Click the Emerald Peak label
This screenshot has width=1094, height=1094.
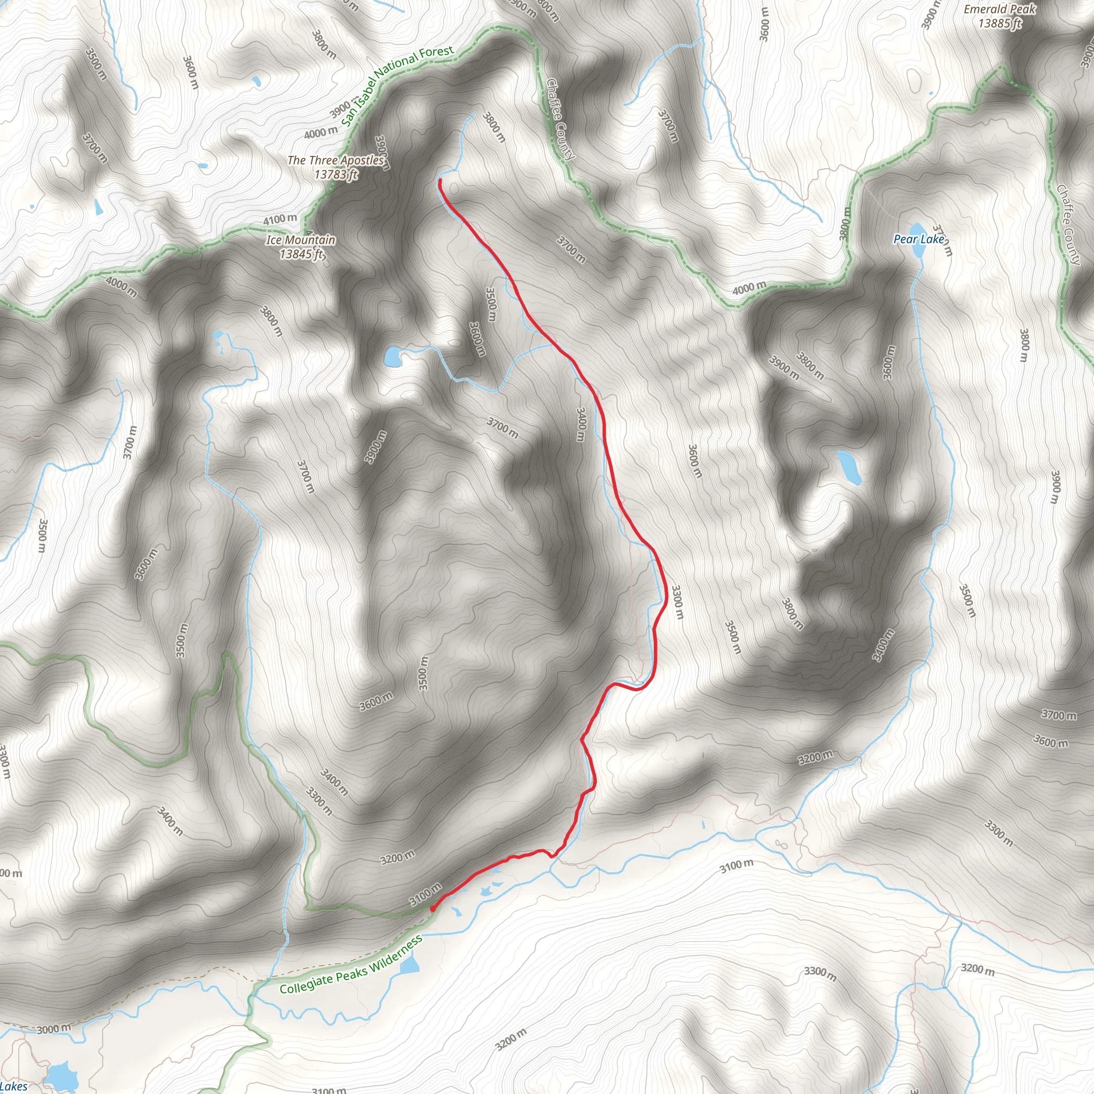click(x=999, y=9)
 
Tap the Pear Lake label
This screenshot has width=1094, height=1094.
click(x=918, y=239)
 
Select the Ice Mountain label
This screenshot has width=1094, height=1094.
click(x=301, y=240)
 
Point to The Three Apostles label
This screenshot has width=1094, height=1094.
click(x=336, y=160)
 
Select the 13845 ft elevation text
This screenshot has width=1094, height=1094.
click(x=301, y=254)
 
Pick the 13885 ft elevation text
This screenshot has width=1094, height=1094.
click(x=1000, y=23)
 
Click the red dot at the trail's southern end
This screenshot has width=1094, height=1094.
click(x=433, y=909)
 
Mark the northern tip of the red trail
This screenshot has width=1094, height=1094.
click(x=440, y=181)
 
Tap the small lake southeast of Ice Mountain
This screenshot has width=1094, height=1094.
click(x=392, y=357)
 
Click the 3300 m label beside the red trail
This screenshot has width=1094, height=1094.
click(x=677, y=602)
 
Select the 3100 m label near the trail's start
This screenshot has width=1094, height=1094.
click(x=425, y=894)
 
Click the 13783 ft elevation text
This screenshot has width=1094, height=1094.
click(x=336, y=174)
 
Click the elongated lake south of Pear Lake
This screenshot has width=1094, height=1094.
click(x=849, y=468)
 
